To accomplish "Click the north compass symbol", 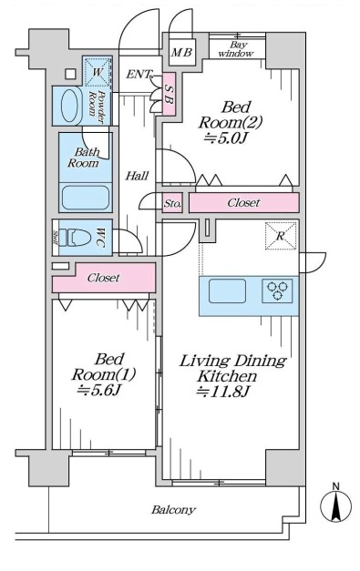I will click(x=335, y=505).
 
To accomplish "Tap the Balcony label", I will click(x=173, y=510).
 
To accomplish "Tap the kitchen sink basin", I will click(x=228, y=291).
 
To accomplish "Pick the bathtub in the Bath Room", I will click(x=85, y=198).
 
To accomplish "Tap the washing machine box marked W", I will click(x=96, y=70).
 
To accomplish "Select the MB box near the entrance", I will click(x=180, y=52).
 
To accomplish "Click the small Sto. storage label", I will click(x=172, y=203).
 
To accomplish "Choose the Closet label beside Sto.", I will click(x=243, y=202).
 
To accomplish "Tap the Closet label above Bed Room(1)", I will click(x=103, y=277).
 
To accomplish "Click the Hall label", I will click(x=138, y=176).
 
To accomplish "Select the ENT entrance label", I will click(x=139, y=75).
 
